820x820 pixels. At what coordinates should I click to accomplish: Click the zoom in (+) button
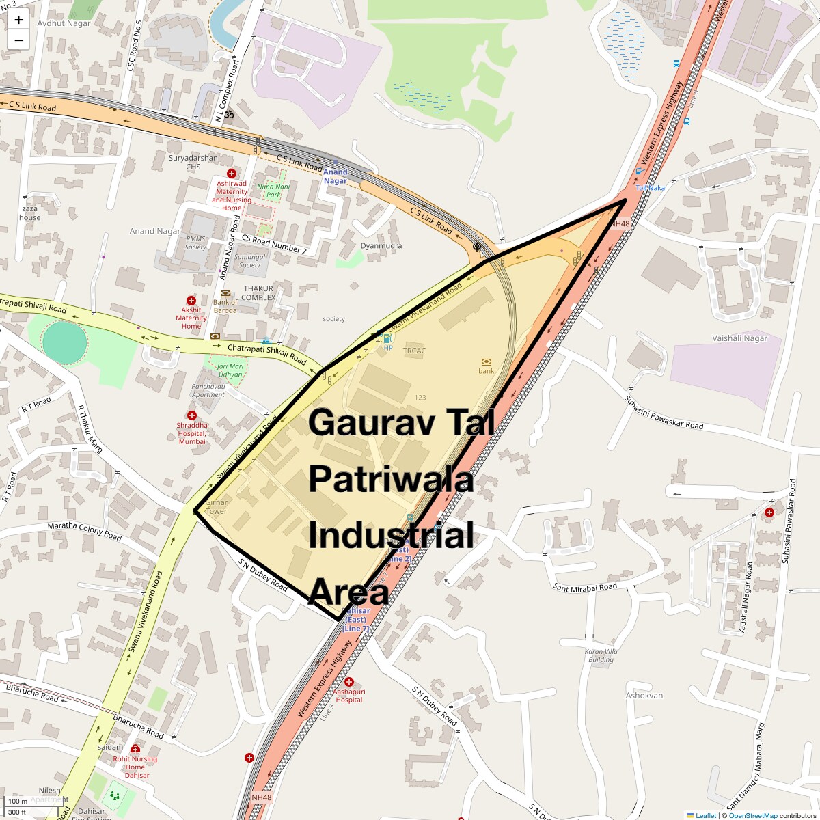18,19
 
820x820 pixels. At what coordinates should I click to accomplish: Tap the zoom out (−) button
18,40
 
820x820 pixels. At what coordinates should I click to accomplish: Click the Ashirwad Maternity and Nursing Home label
232,195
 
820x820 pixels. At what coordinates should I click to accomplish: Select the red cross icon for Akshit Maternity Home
191,301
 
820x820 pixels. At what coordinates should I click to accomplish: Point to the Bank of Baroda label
225,306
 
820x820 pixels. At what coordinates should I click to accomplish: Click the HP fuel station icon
388,338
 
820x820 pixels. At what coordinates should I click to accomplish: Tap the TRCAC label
414,351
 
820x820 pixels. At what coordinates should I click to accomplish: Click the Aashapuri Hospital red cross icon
349,682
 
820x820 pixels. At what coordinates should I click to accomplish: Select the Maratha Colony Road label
84,532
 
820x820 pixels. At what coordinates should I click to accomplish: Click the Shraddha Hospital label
192,433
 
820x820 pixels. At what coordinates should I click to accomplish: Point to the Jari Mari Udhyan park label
230,370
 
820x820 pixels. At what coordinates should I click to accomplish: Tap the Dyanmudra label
381,246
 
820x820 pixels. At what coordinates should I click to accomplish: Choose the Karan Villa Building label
601,655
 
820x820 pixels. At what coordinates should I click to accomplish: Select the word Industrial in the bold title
391,535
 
